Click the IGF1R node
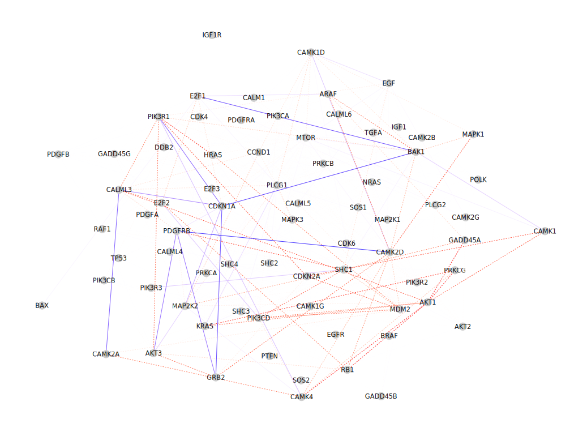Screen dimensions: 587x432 (x=212, y=35)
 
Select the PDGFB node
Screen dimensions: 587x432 (x=58, y=154)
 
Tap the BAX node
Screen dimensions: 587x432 (x=42, y=306)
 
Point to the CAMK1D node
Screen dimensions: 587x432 (x=311, y=53)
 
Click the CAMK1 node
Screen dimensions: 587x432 (x=545, y=232)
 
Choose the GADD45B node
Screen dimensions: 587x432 (x=381, y=396)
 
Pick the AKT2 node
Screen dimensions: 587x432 (x=462, y=327)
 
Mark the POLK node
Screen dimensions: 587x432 (x=478, y=179)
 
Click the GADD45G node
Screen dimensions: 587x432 (x=114, y=154)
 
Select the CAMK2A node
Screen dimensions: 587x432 (x=106, y=354)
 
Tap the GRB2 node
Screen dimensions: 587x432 (x=216, y=377)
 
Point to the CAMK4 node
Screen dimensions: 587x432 (x=302, y=397)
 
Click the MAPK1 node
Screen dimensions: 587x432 (x=473, y=134)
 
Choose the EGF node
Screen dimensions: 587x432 (x=388, y=83)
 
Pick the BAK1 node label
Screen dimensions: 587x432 (x=416, y=152)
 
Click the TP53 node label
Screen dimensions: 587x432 (x=119, y=258)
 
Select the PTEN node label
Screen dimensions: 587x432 (x=269, y=356)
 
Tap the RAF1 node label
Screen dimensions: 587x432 (x=102, y=229)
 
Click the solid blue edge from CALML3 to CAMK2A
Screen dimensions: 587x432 (x=112, y=272)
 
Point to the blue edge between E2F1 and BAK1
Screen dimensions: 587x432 (x=307, y=125)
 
